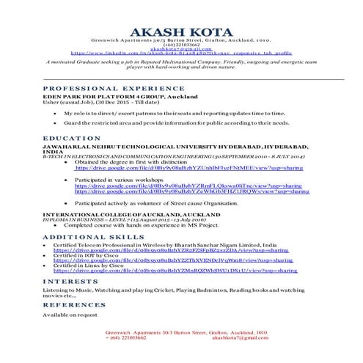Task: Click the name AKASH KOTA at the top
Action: pyautogui.click(x=181, y=29)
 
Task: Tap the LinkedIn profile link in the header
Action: pyautogui.click(x=181, y=54)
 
